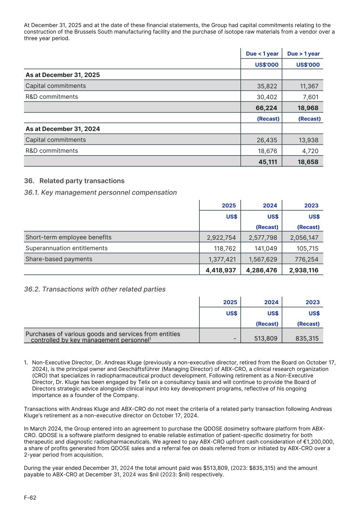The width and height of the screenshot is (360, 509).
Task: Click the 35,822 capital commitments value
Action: point(267,86)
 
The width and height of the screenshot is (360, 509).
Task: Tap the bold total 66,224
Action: point(266,108)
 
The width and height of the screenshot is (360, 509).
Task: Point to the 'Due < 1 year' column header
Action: point(262,54)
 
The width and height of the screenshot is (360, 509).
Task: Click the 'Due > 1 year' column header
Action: point(303,54)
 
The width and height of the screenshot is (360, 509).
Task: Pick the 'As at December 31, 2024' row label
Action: point(63,129)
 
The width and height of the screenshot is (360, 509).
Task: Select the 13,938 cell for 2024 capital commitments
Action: point(308,140)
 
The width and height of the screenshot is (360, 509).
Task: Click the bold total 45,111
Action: point(268,162)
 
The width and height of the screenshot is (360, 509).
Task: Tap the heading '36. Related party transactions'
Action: point(74,181)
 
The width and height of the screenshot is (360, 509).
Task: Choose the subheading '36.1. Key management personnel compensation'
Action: point(100,192)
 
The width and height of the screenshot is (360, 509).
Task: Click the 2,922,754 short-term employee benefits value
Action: point(221,238)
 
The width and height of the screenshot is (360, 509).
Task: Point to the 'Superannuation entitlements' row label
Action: point(66,248)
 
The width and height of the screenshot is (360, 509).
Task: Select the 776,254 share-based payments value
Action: point(304,260)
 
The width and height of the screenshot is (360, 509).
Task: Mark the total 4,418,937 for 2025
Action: point(221,270)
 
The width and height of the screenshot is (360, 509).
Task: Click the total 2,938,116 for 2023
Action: point(303,270)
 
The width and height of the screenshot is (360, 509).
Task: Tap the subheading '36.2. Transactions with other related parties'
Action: point(95,289)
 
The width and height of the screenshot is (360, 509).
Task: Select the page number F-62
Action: point(30,498)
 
